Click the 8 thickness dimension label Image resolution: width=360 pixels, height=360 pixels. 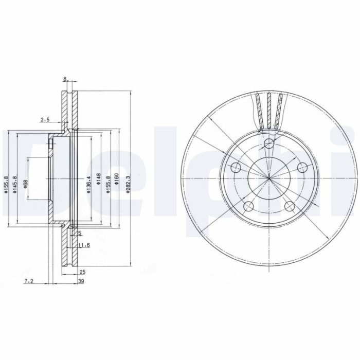65,79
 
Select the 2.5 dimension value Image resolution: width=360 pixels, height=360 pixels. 45,120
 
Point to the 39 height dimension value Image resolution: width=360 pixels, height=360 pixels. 81,281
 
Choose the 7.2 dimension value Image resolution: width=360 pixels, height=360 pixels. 29,281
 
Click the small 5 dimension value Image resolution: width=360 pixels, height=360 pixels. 79,233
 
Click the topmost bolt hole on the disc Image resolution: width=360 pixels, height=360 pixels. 268,144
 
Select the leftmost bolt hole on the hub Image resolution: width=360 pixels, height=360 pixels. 236,168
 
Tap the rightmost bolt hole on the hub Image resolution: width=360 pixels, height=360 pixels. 302,168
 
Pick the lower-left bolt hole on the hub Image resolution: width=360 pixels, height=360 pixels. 248,207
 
